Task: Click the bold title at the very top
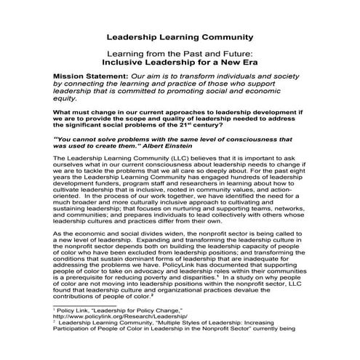pyautogui.click(x=180, y=36)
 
